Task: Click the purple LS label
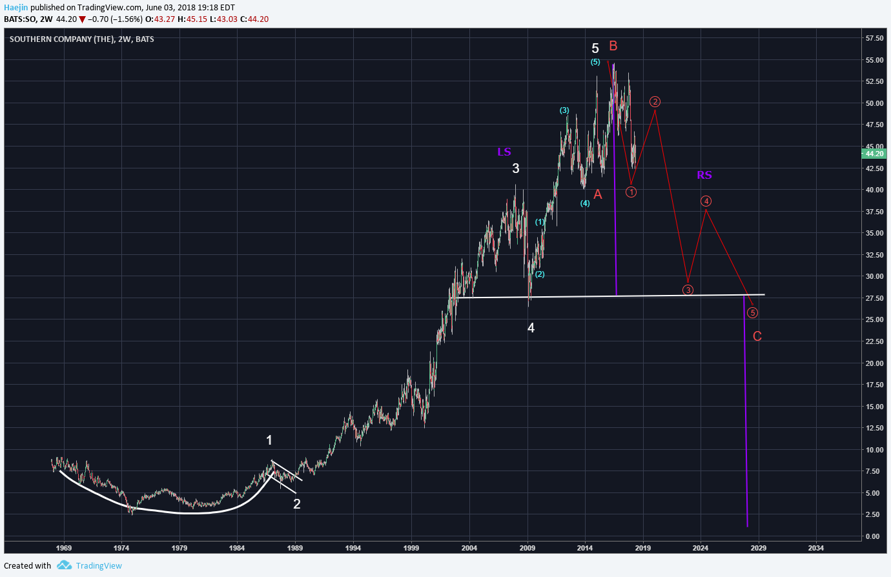[504, 152]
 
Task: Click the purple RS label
[704, 175]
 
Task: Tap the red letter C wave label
[757, 336]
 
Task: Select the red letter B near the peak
[613, 46]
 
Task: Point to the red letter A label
[597, 194]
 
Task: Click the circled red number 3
[688, 290]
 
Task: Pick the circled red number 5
[752, 313]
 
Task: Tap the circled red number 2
[655, 102]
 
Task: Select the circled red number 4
[706, 201]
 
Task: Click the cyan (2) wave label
[539, 274]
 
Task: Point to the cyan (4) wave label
[585, 203]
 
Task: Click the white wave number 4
[531, 328]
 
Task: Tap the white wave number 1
[269, 440]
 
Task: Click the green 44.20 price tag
[874, 154]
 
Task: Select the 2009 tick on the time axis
[527, 548]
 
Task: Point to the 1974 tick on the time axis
[121, 548]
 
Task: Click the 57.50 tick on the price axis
[874, 38]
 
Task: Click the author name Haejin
[16, 8]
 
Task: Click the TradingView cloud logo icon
[64, 565]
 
